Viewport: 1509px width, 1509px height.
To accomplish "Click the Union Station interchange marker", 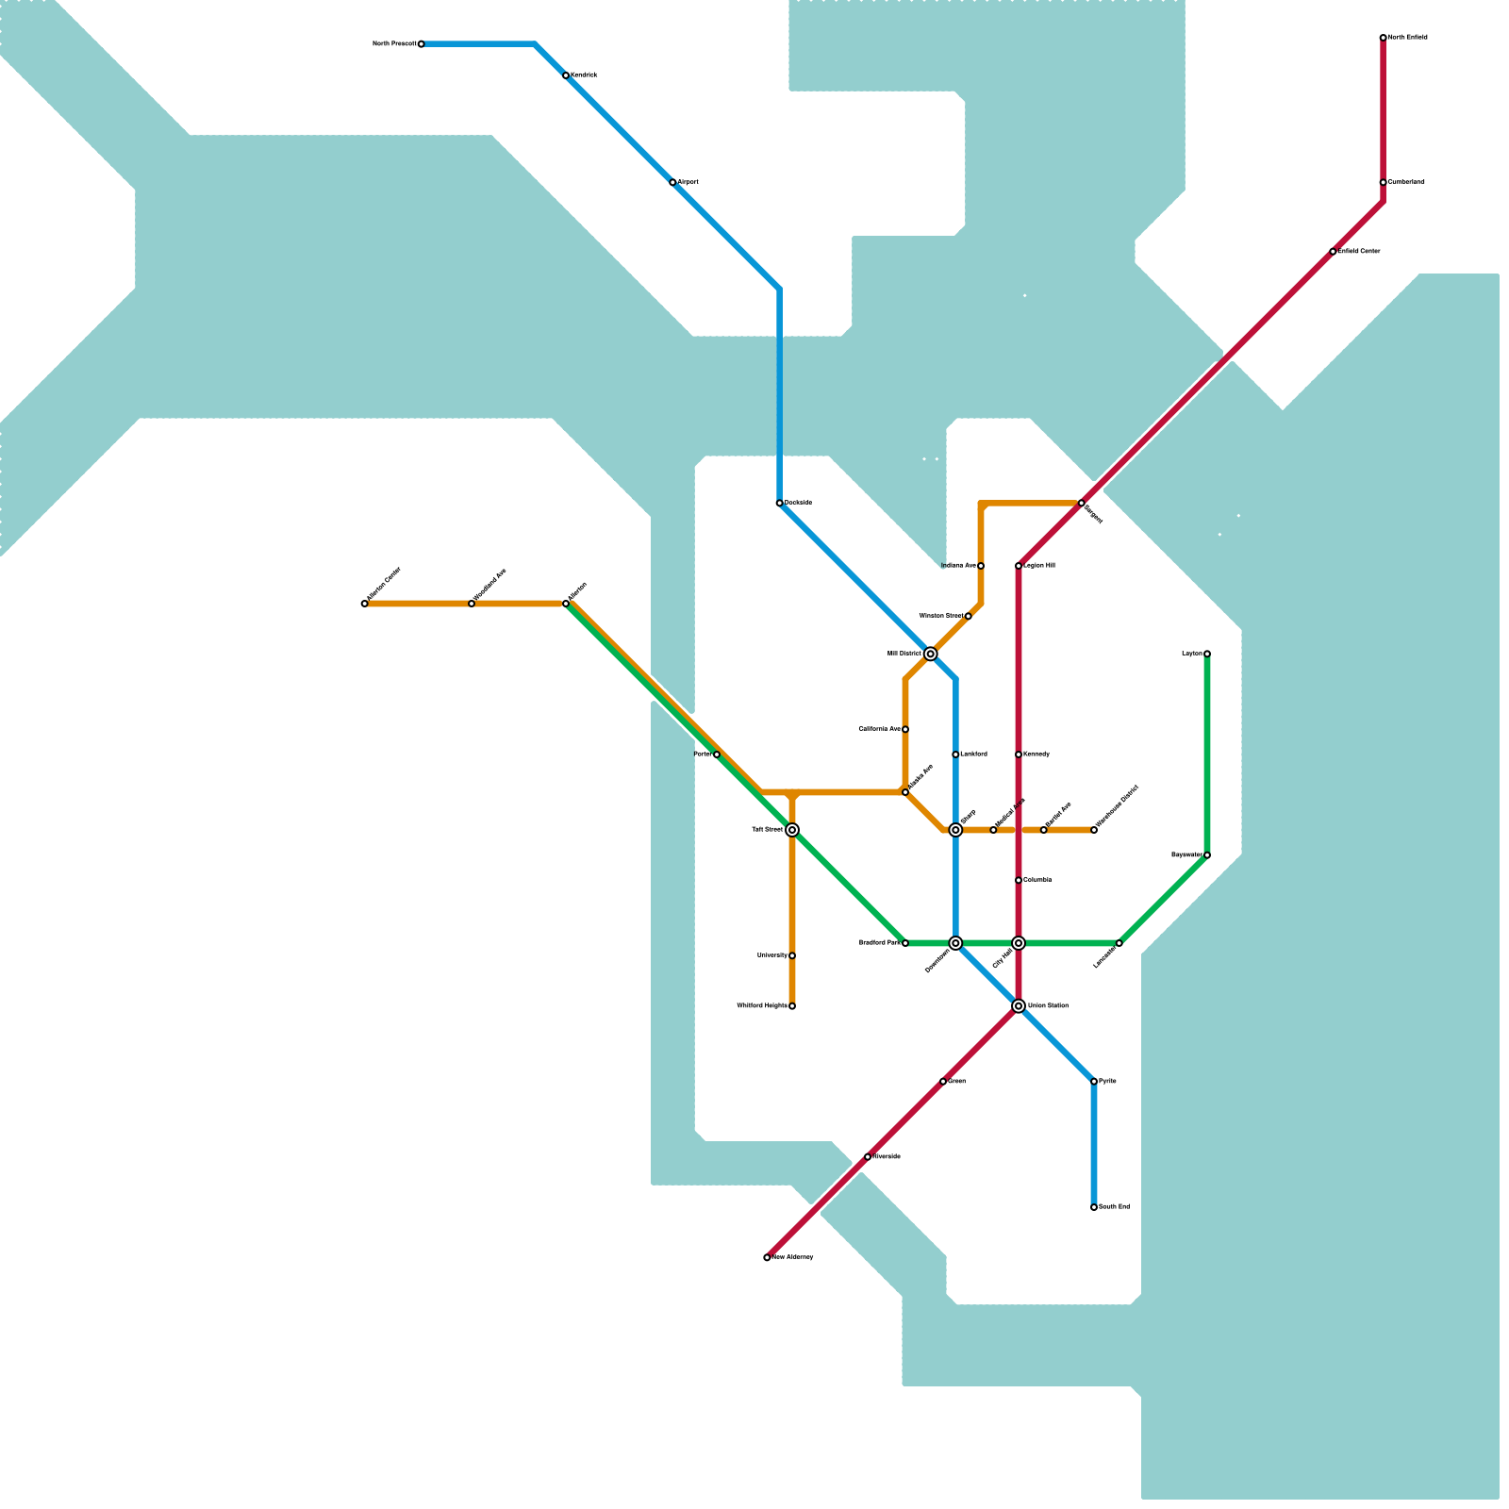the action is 1019,1006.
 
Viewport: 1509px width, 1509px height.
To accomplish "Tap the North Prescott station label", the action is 393,44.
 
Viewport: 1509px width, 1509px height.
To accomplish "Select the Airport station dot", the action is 672,182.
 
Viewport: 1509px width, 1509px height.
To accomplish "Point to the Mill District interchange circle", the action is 931,654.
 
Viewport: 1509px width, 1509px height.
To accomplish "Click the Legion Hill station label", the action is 1039,566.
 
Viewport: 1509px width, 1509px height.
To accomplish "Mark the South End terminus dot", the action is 1094,1207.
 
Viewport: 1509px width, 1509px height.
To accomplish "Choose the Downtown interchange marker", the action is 955,943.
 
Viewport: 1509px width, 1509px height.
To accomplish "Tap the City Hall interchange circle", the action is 1019,943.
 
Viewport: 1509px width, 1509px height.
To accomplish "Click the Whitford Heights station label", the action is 761,1006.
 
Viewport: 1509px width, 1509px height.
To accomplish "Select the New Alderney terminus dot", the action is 767,1257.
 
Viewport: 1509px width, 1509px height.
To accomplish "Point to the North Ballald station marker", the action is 1383,38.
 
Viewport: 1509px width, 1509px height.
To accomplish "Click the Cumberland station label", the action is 1406,182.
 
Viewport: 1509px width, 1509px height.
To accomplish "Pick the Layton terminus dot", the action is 1207,654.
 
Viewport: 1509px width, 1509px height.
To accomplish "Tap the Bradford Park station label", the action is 879,943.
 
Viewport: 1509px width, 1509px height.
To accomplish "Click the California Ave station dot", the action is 905,729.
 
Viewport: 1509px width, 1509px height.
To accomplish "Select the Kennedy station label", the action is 1036,754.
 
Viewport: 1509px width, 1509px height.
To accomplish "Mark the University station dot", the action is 792,955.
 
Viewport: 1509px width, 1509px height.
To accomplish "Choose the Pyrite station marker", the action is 1094,1081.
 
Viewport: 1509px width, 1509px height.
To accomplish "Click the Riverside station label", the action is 887,1156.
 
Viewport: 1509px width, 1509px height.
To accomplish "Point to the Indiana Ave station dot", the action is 981,566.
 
